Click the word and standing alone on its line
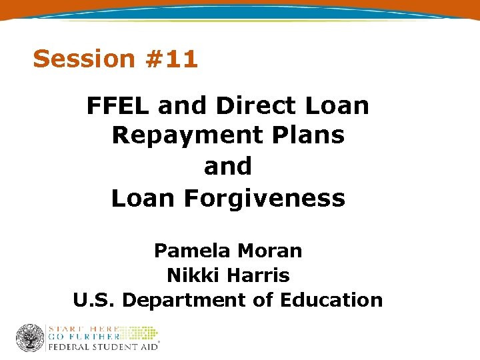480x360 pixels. pos(228,166)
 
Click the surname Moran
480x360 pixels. pos(270,251)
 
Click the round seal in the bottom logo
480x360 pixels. pos(29,338)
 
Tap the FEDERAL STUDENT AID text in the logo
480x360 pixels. pos(103,347)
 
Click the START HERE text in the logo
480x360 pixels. pos(82,329)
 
